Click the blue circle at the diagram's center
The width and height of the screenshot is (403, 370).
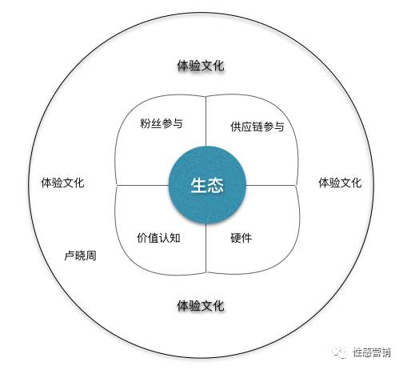[x=207, y=185]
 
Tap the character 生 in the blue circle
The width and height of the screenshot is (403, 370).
[x=199, y=185]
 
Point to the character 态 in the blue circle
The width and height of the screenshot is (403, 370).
[x=215, y=185]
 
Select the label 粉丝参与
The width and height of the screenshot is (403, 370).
[x=162, y=123]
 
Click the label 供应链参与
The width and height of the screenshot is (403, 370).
[x=257, y=127]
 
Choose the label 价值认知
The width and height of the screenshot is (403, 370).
[x=158, y=238]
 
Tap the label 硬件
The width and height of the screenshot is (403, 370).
[x=241, y=238]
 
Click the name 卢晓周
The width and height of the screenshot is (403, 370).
[x=80, y=255]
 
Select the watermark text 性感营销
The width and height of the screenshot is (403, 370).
[x=372, y=352]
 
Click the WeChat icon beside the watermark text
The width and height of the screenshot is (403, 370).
[x=339, y=352]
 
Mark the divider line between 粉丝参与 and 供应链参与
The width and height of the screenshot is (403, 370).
[x=206, y=121]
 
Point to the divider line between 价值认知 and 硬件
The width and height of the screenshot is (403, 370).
[x=206, y=248]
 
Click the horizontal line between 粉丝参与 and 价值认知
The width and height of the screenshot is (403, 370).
[x=143, y=185]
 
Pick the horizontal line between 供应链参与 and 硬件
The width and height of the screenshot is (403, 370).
[x=271, y=185]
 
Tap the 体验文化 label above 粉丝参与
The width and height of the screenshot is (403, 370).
[x=201, y=66]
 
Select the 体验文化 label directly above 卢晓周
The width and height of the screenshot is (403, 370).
[x=62, y=183]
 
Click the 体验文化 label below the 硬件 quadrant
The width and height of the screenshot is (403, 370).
[x=201, y=305]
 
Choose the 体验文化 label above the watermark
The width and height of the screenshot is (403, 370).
[x=340, y=183]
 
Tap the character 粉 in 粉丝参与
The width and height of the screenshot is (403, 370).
[x=146, y=123]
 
